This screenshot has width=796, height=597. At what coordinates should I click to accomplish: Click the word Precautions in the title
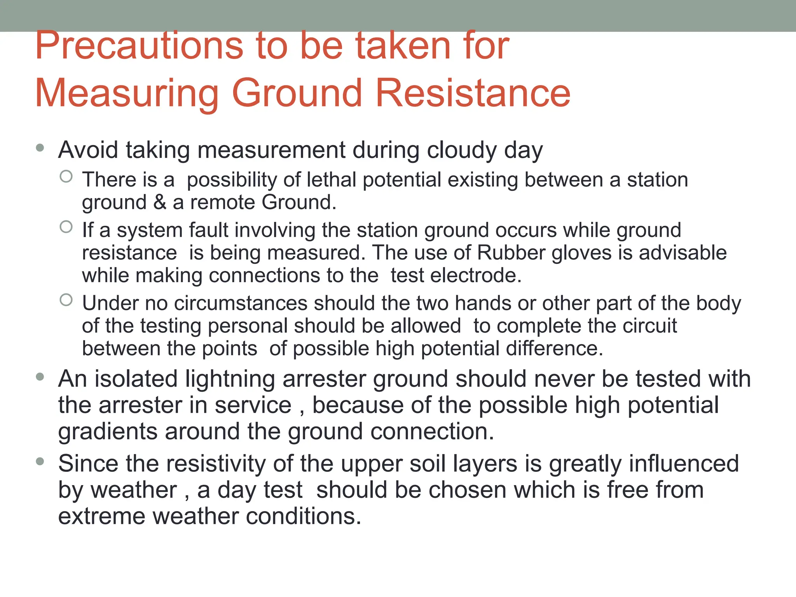click(x=139, y=46)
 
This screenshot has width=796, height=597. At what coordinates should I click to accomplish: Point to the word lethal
click(x=331, y=180)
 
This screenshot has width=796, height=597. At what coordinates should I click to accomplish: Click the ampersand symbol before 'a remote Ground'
click(x=160, y=202)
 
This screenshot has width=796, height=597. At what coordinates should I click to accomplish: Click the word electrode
click(x=475, y=276)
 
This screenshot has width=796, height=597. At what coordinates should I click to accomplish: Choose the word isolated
click(x=136, y=379)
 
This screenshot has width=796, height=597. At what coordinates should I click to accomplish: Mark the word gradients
click(x=108, y=432)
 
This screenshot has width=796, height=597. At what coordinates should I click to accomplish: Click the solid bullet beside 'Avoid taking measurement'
click(x=40, y=148)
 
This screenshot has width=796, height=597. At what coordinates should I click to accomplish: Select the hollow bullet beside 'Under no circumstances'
click(x=66, y=300)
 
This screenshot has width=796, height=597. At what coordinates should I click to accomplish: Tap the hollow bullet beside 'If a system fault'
click(x=66, y=227)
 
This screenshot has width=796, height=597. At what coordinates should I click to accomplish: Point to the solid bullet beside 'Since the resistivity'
click(x=40, y=461)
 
